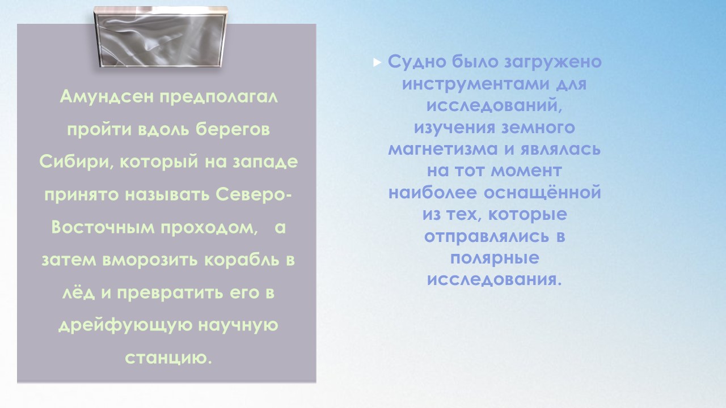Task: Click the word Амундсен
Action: [107, 96]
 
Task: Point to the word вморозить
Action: [150, 260]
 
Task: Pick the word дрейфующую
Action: [125, 325]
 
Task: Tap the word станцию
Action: [168, 358]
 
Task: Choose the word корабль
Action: [242, 260]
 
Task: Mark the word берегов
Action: [233, 129]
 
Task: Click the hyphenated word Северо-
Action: [254, 194]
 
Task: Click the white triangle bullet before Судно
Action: [377, 62]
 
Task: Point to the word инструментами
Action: [476, 84]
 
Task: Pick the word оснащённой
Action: [543, 192]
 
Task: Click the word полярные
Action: [495, 258]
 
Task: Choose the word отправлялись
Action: [487, 236]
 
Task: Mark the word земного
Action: [538, 127]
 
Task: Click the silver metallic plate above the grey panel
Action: [161, 37]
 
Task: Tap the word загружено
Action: [553, 62]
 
